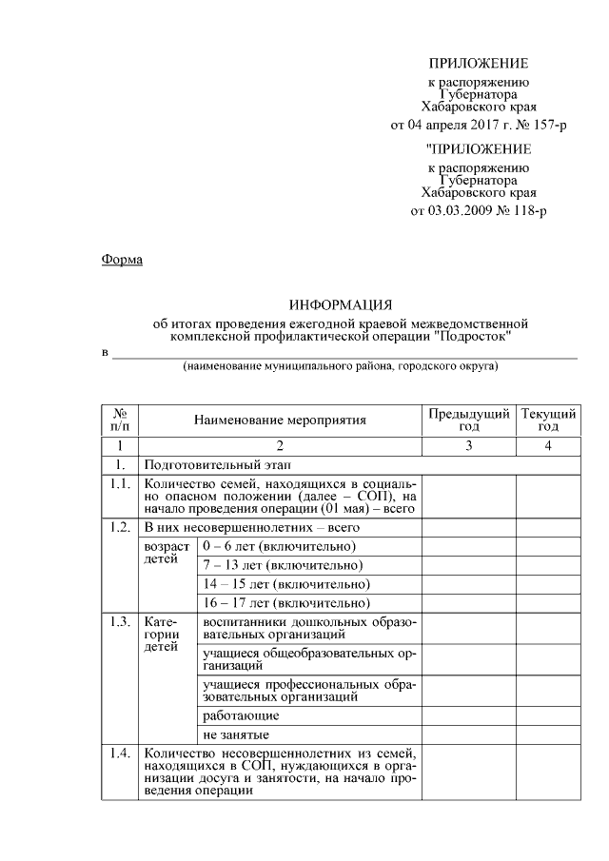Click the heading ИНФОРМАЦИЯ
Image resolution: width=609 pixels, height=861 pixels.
pyautogui.click(x=341, y=305)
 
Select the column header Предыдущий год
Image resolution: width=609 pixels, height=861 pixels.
pyautogui.click(x=468, y=420)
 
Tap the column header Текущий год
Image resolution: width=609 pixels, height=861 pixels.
pyautogui.click(x=549, y=420)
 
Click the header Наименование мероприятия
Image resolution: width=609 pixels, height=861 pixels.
pyautogui.click(x=280, y=420)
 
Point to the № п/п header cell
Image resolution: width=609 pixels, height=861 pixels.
pyautogui.click(x=120, y=420)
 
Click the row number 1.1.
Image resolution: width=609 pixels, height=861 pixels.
pyautogui.click(x=119, y=484)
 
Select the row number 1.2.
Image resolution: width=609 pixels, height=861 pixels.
pyautogui.click(x=119, y=526)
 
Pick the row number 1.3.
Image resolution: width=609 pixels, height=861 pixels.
pyautogui.click(x=119, y=622)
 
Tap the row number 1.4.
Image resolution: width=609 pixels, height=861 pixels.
pyautogui.click(x=119, y=754)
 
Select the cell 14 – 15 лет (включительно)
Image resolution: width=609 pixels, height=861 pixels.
pyautogui.click(x=285, y=584)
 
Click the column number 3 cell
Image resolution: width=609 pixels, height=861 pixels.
pyautogui.click(x=468, y=444)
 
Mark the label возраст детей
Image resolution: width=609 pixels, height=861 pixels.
pyautogui.click(x=167, y=555)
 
